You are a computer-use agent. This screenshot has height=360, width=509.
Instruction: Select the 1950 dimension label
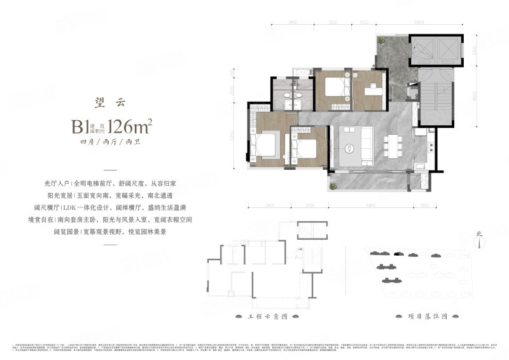coord(363,22)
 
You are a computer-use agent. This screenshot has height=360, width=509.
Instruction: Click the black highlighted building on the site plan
coord(398,253)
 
